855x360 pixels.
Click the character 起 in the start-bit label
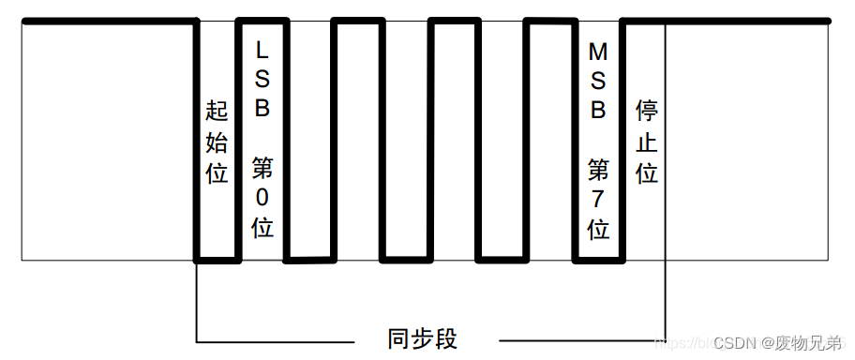click(x=217, y=112)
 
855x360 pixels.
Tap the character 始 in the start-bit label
click(x=217, y=142)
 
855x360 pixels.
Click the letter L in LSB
click(x=262, y=47)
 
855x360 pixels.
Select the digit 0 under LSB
click(x=262, y=198)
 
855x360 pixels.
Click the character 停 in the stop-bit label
click(x=647, y=112)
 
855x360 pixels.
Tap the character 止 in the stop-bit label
click(x=647, y=142)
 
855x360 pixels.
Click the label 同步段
click(x=423, y=338)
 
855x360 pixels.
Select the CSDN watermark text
click(x=734, y=344)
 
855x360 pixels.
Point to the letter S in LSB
click(x=262, y=78)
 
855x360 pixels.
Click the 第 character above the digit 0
click(x=262, y=169)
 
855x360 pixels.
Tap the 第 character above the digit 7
click(x=597, y=170)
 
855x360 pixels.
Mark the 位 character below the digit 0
click(x=262, y=228)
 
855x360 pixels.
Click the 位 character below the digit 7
click(x=597, y=229)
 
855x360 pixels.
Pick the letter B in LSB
click(x=262, y=108)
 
